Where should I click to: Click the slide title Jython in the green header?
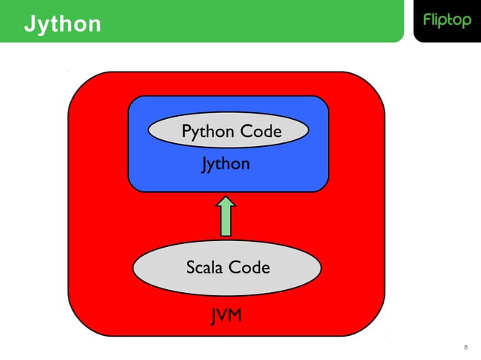coord(62,23)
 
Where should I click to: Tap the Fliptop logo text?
coord(446,21)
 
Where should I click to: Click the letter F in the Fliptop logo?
coord(426,20)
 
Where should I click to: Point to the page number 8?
coord(465,347)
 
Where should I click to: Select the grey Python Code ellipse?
coord(228,132)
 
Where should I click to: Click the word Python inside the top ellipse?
coord(208,133)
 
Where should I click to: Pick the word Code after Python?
coord(261,132)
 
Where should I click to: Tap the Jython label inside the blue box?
coord(225,163)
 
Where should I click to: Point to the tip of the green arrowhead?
coord(226,198)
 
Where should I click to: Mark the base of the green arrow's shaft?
coord(226,235)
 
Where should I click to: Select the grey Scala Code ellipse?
coord(227,267)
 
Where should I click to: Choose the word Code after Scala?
coord(250,267)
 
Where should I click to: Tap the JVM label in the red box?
coord(226,316)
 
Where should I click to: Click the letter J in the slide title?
coord(29,23)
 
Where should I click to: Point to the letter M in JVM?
coord(235,316)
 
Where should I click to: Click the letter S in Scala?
coord(191,267)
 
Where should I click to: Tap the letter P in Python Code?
coord(187,132)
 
